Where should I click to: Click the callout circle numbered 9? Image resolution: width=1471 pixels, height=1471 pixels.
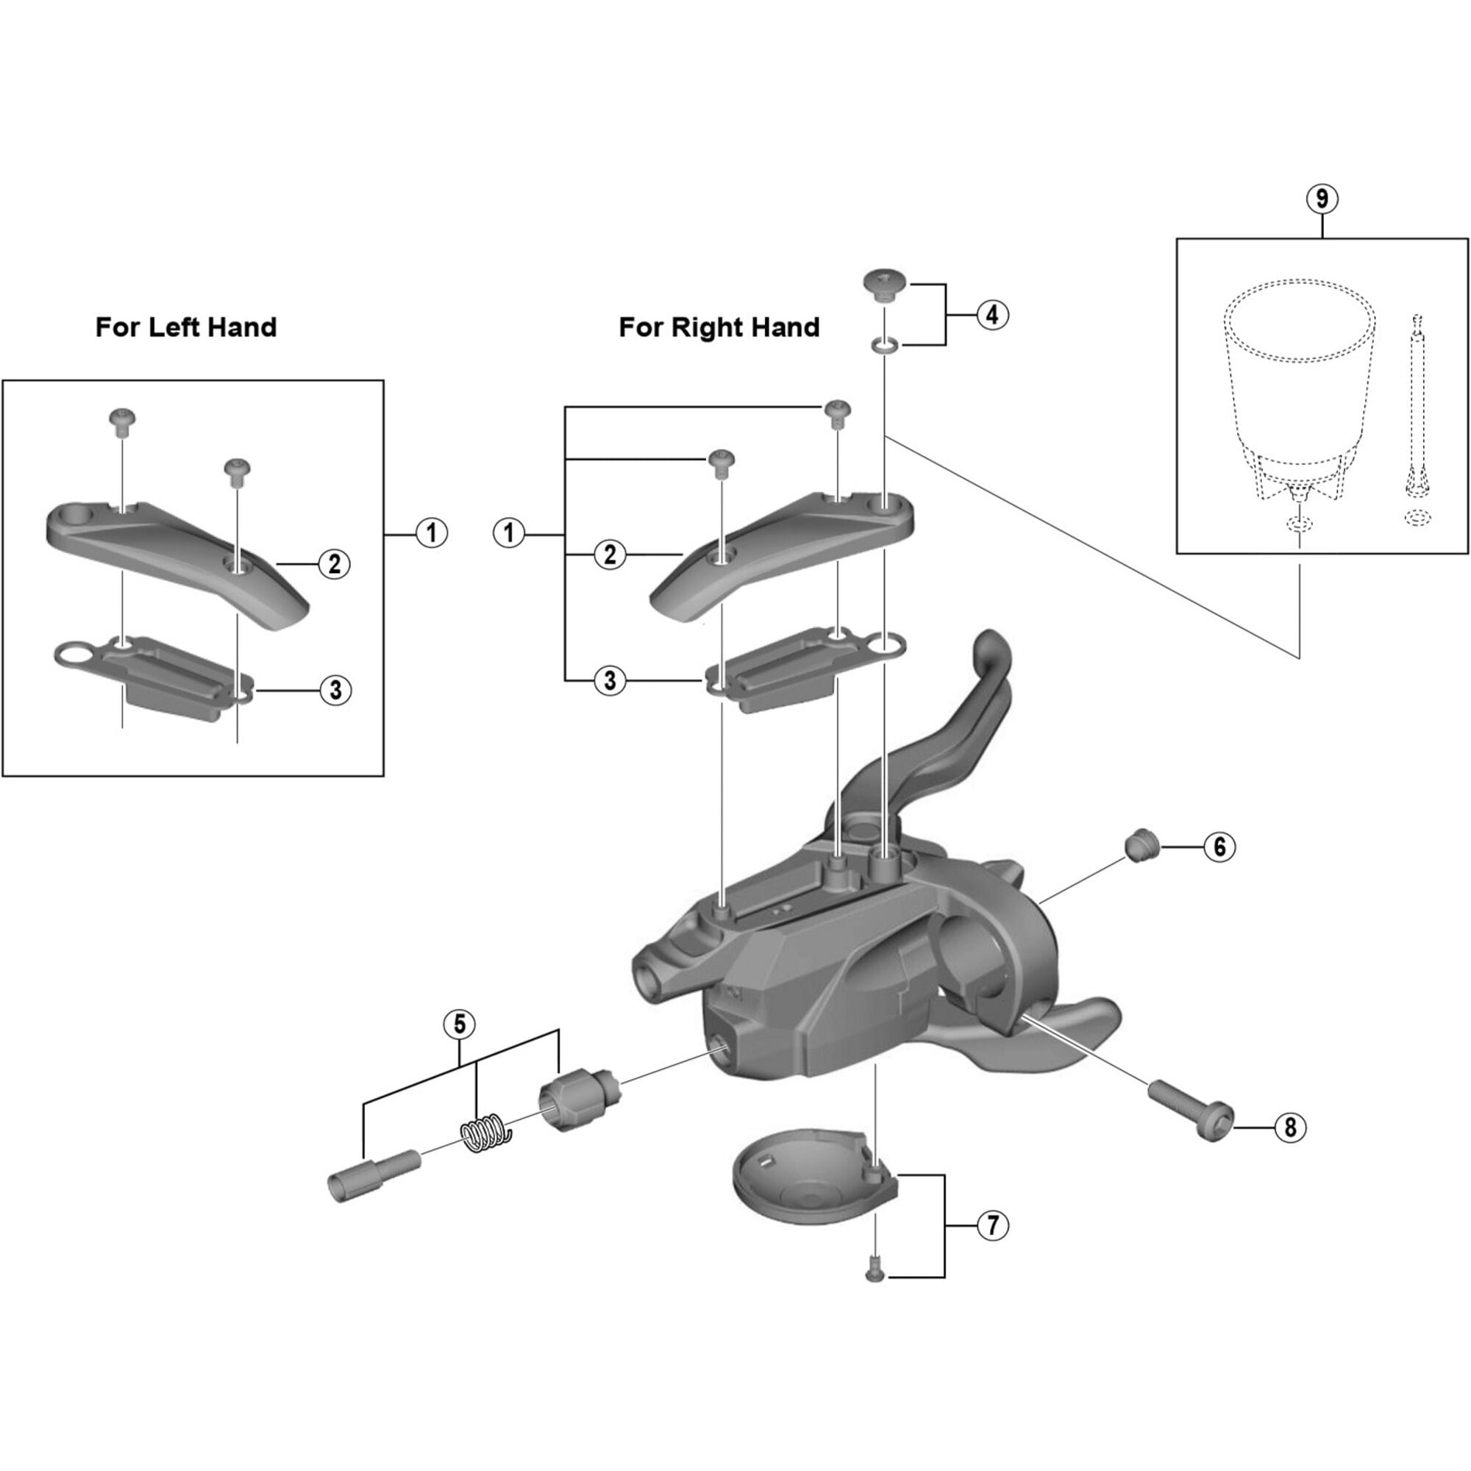[x=1322, y=199]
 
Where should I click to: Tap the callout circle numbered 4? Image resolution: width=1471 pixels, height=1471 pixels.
[x=993, y=315]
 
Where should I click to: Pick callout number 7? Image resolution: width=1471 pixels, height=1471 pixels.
[x=993, y=1226]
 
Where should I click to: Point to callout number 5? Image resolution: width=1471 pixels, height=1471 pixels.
[x=459, y=1024]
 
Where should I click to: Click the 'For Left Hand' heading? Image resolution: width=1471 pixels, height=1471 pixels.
[x=186, y=327]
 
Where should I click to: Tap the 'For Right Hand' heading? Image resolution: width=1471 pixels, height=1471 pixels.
[x=719, y=327]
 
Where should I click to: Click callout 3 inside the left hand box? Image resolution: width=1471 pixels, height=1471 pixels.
[x=335, y=691]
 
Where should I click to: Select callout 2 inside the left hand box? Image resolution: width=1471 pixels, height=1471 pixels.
[x=334, y=564]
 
